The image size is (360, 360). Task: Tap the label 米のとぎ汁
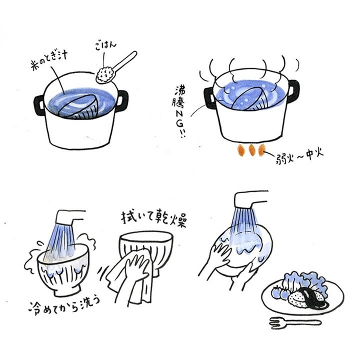[x=48, y=60]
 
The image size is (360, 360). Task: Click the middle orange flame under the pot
[x=252, y=150]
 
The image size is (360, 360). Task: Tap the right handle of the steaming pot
[x=293, y=90]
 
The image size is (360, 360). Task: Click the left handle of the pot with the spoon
[x=39, y=105]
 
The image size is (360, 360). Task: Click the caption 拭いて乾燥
[x=153, y=217]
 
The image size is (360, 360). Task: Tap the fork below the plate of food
[x=295, y=323]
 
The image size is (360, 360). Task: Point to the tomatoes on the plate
[x=280, y=292]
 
